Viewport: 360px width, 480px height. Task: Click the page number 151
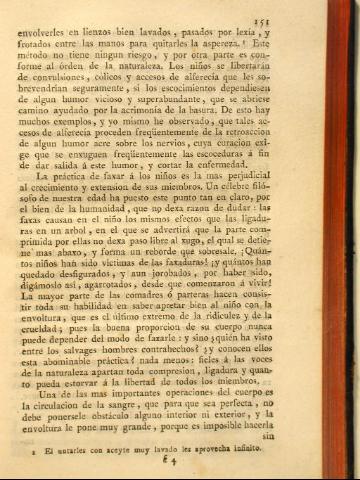[x=322, y=20]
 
